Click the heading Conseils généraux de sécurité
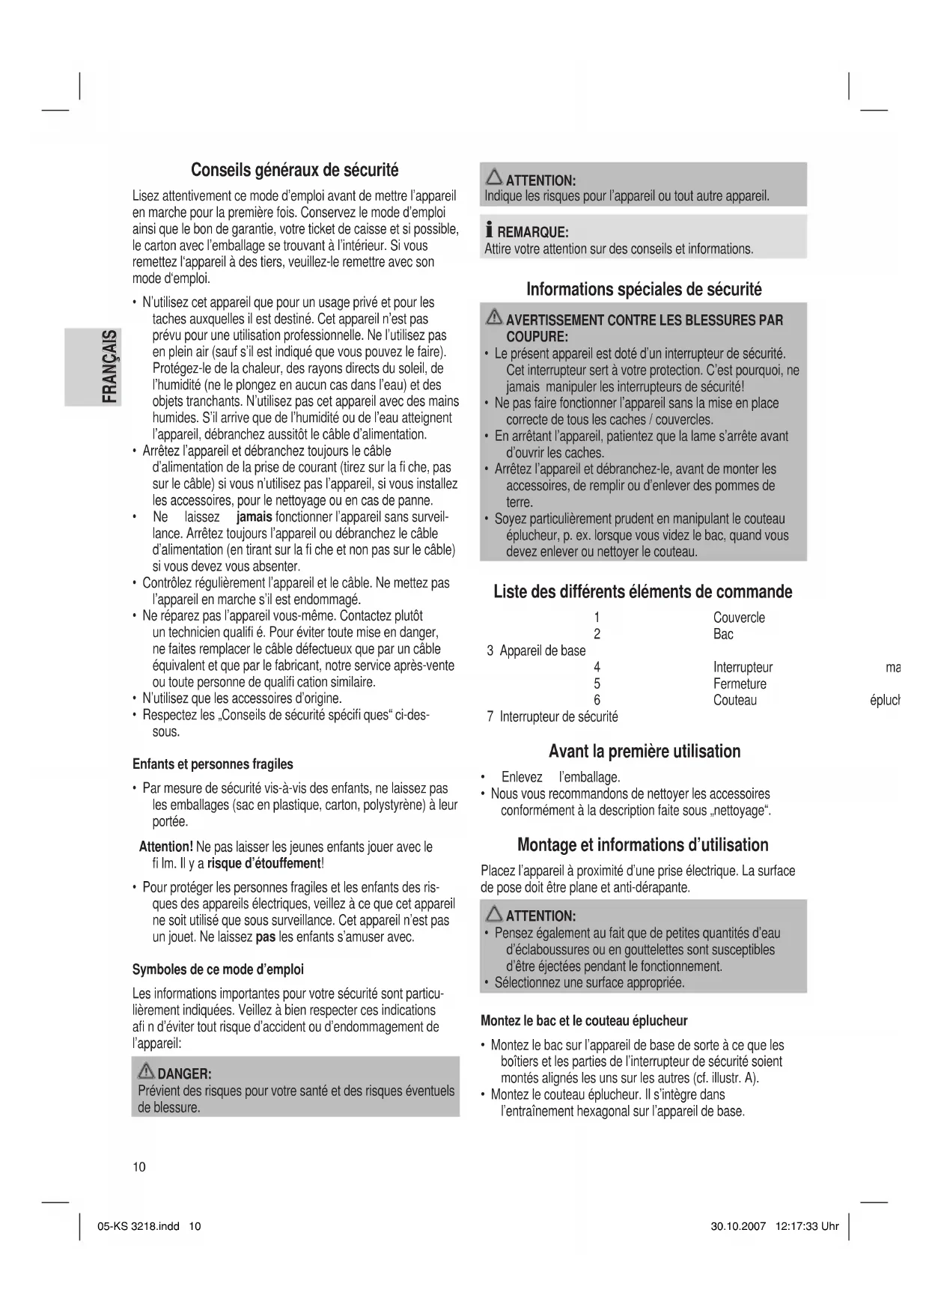[x=294, y=170]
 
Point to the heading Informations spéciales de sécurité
[x=644, y=290]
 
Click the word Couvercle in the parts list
[x=738, y=618]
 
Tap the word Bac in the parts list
[x=723, y=634]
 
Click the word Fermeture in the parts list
[x=739, y=683]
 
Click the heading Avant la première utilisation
[x=644, y=752]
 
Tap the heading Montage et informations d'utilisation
[x=642, y=845]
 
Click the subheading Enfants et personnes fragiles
[x=213, y=764]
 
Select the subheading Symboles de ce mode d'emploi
[x=218, y=969]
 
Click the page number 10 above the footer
[x=139, y=1167]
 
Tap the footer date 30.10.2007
[x=737, y=1227]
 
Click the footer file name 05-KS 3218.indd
[x=138, y=1227]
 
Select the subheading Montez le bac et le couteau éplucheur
[x=583, y=1020]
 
